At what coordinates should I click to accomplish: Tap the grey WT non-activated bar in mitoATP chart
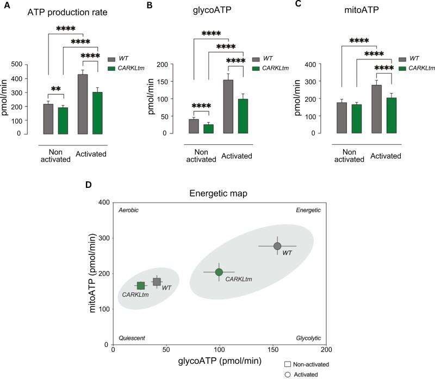click(341, 118)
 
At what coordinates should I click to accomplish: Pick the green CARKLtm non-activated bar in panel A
click(63, 120)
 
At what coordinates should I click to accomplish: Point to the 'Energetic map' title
click(220, 192)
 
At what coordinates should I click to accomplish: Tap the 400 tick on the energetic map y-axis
click(102, 203)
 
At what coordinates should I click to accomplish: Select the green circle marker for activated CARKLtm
click(219, 272)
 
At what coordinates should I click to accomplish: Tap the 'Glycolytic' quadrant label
click(308, 338)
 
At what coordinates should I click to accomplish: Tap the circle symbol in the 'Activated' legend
click(289, 374)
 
